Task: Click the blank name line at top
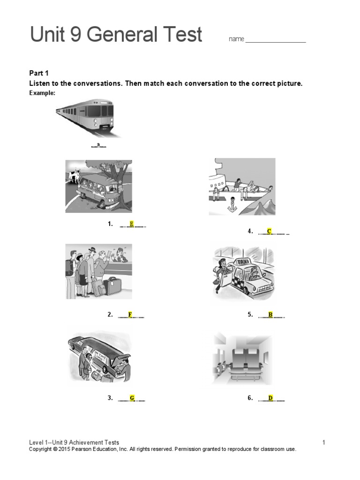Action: coord(276,40)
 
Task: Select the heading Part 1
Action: coord(39,73)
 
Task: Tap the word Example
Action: coord(42,93)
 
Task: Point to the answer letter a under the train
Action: coord(98,144)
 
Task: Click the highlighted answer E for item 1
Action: coord(132,224)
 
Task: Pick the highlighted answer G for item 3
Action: coord(132,398)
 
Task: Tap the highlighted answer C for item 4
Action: coord(270,231)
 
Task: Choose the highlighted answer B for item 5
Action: coord(270,315)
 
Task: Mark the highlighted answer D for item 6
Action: coord(270,398)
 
